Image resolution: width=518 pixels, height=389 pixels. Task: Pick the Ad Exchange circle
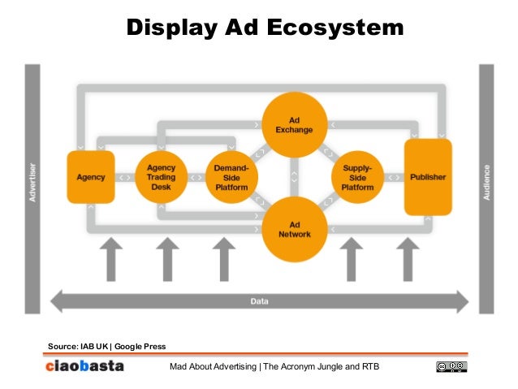tap(294, 124)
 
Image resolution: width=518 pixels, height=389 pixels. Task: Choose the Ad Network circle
tap(294, 229)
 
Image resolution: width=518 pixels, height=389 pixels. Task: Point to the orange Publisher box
tap(428, 177)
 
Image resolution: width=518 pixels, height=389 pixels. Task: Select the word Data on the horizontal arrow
tap(259, 301)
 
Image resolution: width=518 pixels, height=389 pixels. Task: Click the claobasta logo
tap(84, 366)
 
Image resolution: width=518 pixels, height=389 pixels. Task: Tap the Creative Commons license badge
tap(451, 367)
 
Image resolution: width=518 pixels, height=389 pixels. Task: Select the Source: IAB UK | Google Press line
tap(106, 347)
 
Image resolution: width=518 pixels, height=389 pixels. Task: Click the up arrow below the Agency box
tap(111, 258)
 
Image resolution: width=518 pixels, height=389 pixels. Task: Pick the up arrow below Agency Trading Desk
tap(166, 258)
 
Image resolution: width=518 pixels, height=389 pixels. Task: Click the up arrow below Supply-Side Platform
tap(352, 258)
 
